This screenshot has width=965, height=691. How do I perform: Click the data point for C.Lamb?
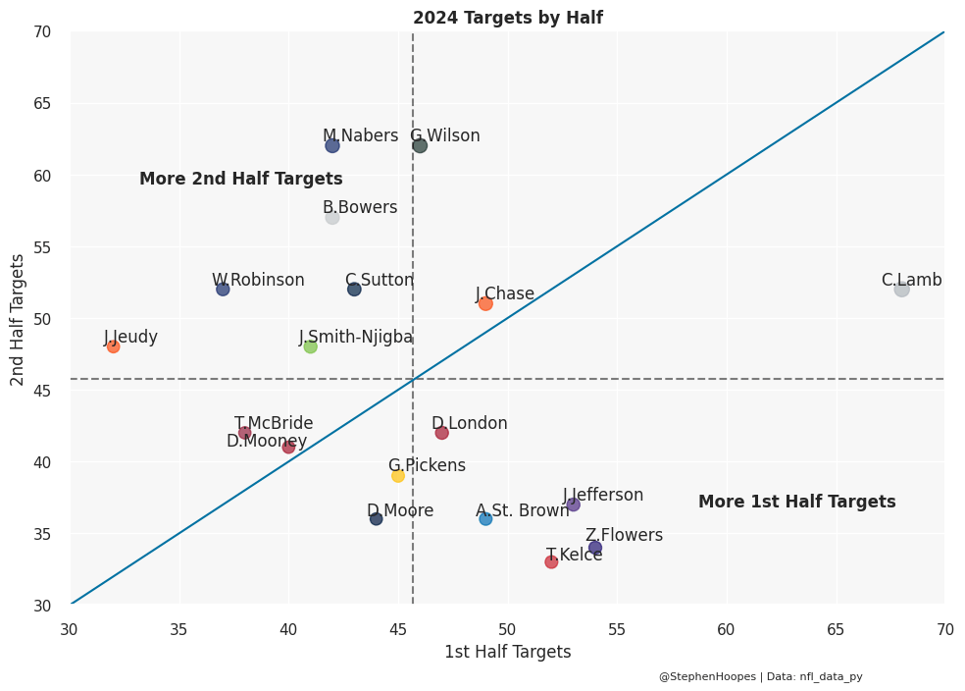coord(901,289)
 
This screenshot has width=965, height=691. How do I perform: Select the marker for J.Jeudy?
coord(113,345)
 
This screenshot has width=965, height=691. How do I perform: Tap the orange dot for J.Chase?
coord(485,303)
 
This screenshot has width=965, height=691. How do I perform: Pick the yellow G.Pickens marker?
coord(398,475)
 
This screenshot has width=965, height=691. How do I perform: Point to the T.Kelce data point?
coord(551,561)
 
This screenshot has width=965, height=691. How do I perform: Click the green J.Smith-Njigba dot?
coord(310,345)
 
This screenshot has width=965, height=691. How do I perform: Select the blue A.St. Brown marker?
coord(485,518)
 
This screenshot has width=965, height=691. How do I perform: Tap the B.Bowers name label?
coord(360,208)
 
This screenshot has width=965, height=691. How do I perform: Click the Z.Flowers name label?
coord(624,536)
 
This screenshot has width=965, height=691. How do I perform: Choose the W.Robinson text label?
coord(258,281)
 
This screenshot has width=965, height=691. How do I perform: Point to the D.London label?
coord(470,424)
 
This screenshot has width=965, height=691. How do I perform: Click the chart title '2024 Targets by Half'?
coord(507,18)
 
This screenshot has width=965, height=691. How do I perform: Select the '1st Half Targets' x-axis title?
coord(507,652)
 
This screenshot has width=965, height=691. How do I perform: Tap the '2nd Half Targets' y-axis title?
coord(18,319)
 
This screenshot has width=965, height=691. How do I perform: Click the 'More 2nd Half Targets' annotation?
coord(240,180)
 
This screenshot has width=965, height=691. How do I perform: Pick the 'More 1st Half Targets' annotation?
coord(796,503)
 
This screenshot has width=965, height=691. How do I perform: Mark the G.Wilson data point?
coord(420,145)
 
